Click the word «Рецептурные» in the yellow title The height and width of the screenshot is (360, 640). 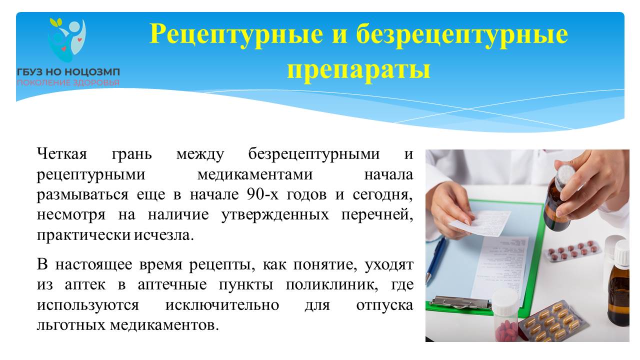pos(236,35)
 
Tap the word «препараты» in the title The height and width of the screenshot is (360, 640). pos(358,69)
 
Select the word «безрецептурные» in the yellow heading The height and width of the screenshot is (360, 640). pos(462,35)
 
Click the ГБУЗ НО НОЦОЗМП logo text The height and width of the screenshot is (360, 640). pos(68,71)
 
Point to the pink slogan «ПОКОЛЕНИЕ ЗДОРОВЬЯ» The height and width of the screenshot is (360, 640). pos(68,83)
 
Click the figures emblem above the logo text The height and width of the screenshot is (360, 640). pos(67,40)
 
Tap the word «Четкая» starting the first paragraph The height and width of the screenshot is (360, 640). pos(61,154)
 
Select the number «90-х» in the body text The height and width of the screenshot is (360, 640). pos(262,194)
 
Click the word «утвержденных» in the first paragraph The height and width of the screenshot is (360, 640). pos(275,215)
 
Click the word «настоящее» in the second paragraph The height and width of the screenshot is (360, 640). pos(93,265)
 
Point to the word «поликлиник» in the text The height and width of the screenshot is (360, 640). pos(332,285)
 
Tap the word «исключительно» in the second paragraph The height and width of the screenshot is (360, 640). pos(222,305)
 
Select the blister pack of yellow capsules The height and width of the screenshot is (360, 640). pos(553,322)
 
